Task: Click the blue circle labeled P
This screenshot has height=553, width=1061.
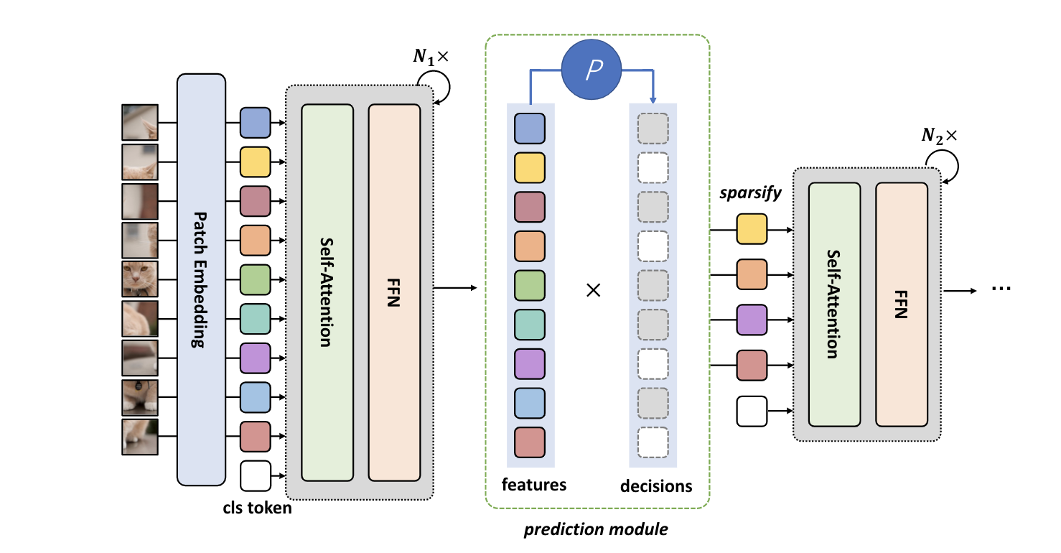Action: [x=592, y=70]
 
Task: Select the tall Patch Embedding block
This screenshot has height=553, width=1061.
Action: [x=201, y=279]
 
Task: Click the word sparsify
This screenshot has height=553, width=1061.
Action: [x=752, y=195]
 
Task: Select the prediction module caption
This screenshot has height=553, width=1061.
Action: [x=595, y=530]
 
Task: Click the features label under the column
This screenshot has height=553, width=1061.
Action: [x=533, y=485]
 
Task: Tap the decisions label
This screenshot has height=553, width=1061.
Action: [x=655, y=486]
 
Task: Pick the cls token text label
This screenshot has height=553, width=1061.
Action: [x=257, y=508]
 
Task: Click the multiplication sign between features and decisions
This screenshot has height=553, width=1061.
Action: [x=593, y=291]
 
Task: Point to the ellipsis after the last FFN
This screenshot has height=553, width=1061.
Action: [x=1000, y=289]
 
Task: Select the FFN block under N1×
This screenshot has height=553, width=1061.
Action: [x=394, y=292]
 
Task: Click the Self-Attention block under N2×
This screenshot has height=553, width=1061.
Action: [x=834, y=304]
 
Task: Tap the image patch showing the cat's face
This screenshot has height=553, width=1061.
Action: [x=139, y=279]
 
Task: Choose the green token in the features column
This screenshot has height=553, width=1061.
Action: [x=530, y=285]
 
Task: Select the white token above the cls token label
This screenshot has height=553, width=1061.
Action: [x=255, y=475]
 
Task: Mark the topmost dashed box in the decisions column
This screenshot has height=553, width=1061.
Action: [x=652, y=128]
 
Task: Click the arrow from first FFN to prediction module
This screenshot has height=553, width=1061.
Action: [x=455, y=289]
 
